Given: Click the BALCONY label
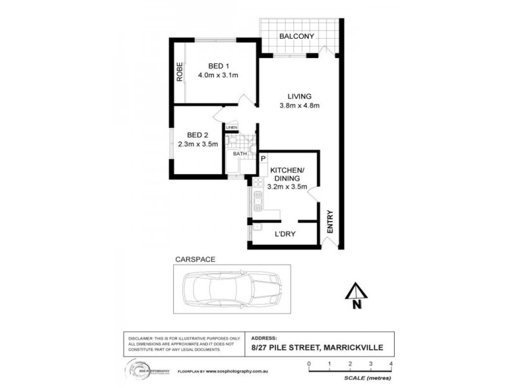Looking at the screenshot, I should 297,36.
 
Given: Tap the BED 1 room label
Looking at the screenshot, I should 219,66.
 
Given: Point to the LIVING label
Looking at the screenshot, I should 300,96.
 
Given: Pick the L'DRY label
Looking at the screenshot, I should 284,234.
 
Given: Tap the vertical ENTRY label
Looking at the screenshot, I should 330,222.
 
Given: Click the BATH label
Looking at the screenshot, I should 240,154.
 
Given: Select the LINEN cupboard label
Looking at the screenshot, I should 231,127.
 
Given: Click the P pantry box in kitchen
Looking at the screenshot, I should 264,158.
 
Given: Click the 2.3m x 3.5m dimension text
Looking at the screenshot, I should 196,145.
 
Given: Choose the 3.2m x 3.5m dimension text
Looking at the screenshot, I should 286,188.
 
